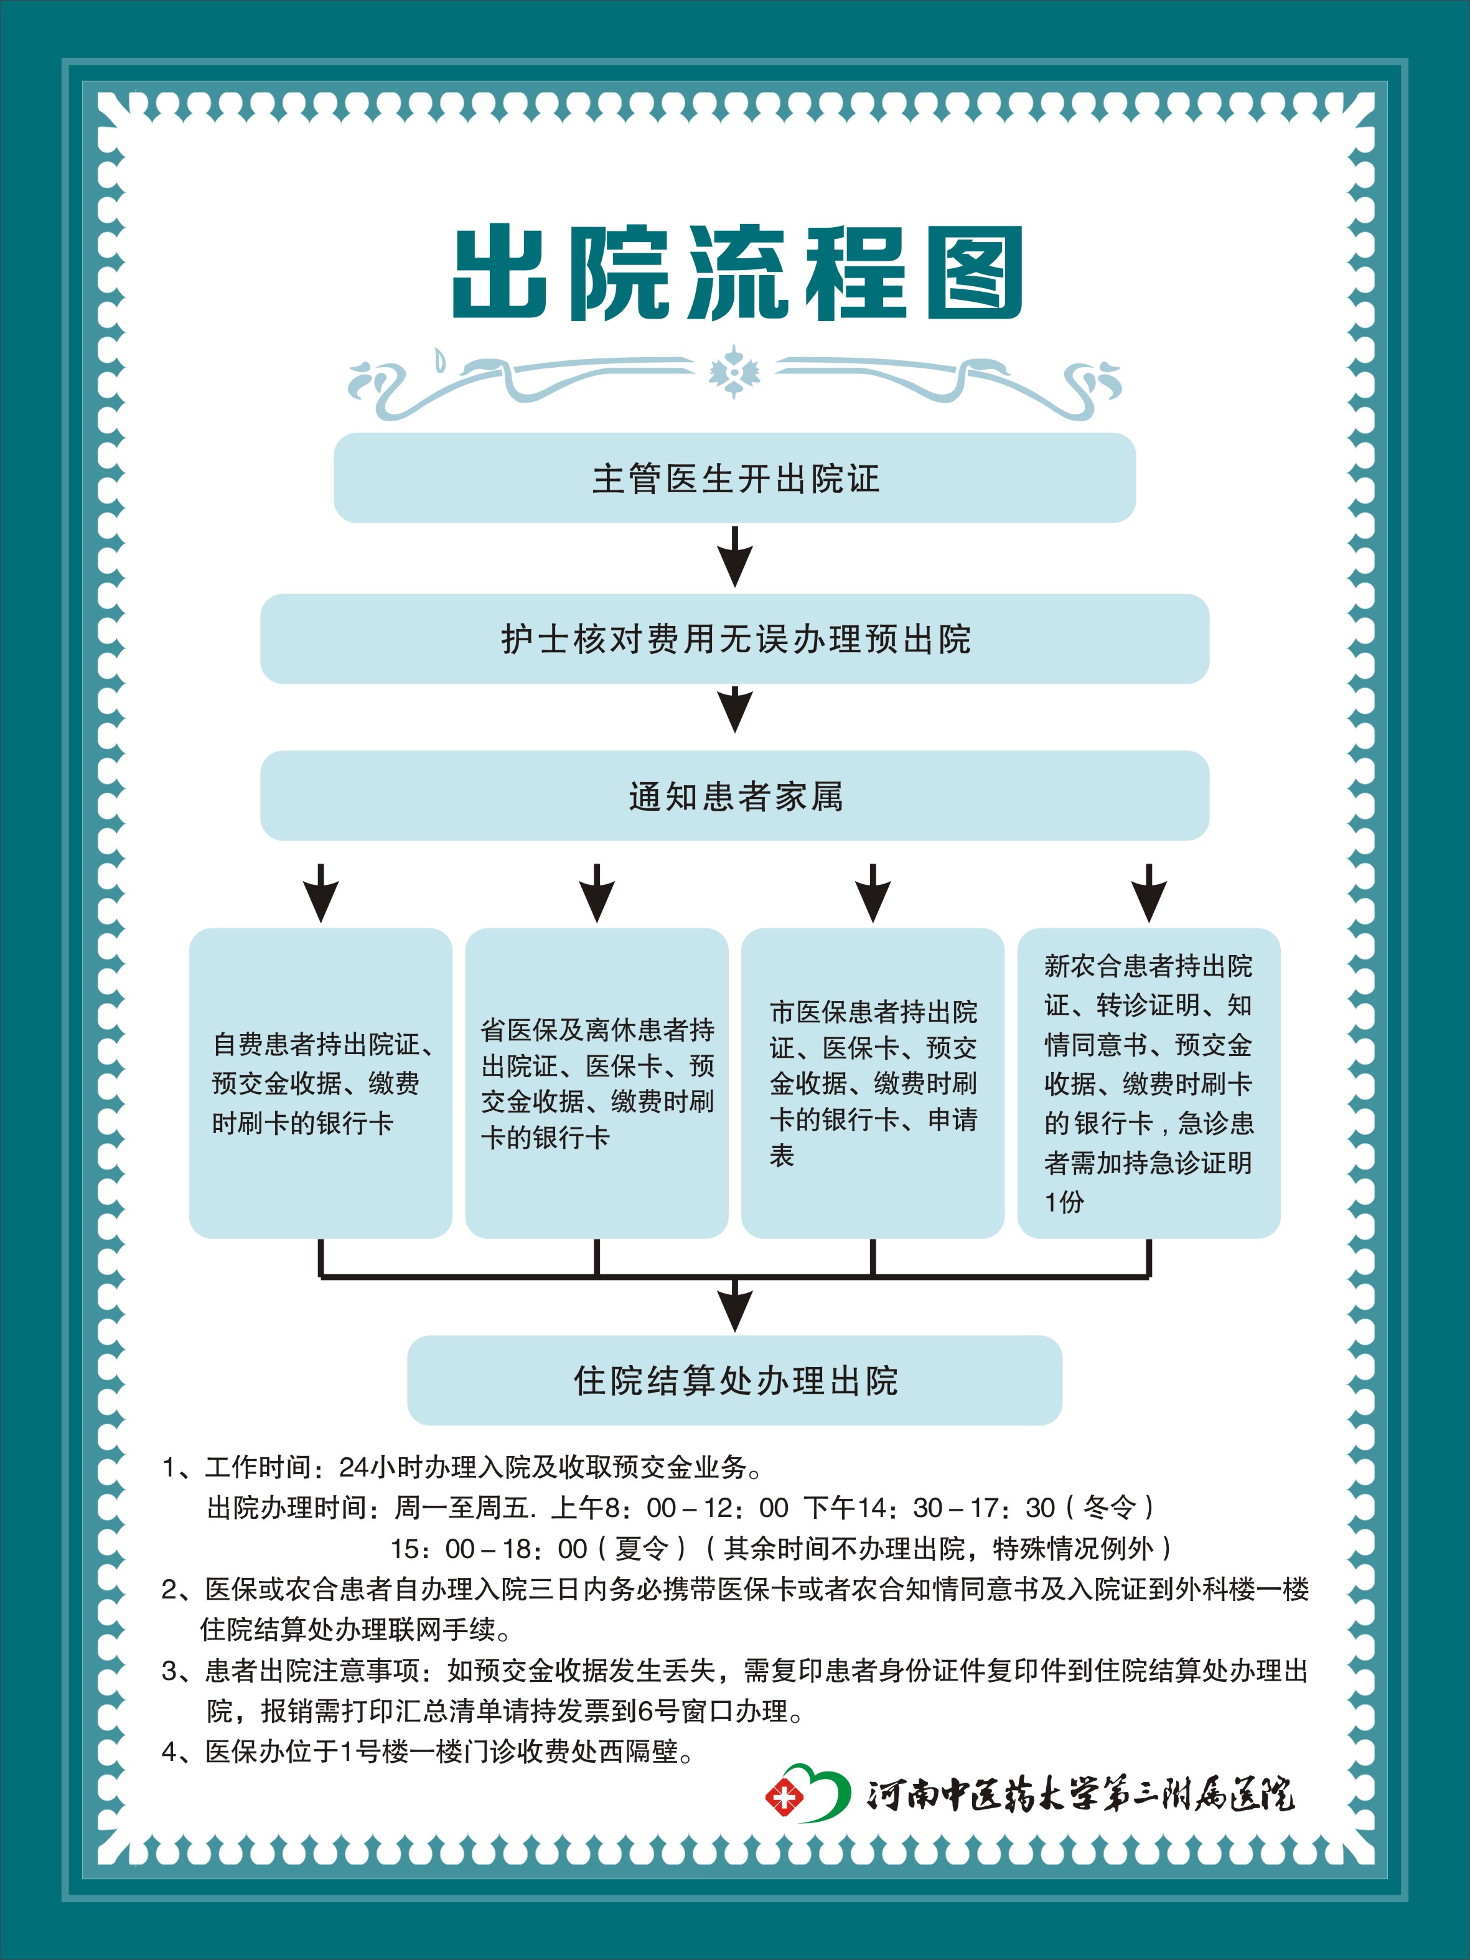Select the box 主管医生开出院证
734,478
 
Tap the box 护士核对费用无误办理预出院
734,639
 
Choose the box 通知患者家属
734,796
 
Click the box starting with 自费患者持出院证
321,1083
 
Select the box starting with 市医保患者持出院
873,1083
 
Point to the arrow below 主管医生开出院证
734,556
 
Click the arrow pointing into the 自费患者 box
321,893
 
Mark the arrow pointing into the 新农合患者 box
1149,893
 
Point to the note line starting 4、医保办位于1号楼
427,1751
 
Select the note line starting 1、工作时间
462,1467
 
